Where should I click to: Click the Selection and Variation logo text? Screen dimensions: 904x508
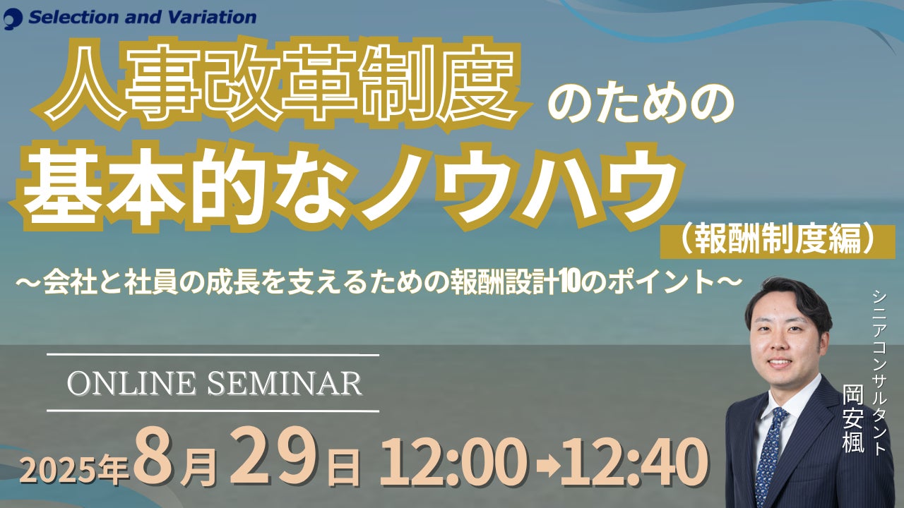143,18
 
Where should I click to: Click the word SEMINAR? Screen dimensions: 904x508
285,383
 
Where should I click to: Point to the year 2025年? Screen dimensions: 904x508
75,471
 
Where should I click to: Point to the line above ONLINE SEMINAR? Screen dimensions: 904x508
213,355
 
